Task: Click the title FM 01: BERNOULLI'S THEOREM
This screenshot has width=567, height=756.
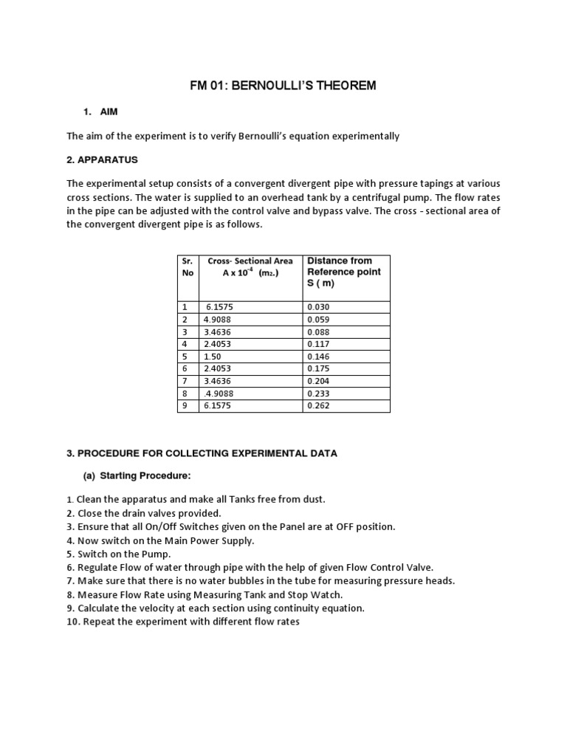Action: tap(283, 86)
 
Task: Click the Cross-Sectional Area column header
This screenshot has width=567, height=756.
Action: tap(250, 267)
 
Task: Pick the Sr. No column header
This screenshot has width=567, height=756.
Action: tap(188, 267)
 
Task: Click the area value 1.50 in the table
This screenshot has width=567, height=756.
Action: tap(213, 356)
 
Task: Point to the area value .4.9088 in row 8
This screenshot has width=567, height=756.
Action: tap(219, 393)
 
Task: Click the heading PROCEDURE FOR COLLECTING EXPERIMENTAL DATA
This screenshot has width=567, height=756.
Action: tap(202, 453)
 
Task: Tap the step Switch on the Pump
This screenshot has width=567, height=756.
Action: tap(119, 554)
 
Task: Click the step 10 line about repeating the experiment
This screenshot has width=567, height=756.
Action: tap(182, 622)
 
